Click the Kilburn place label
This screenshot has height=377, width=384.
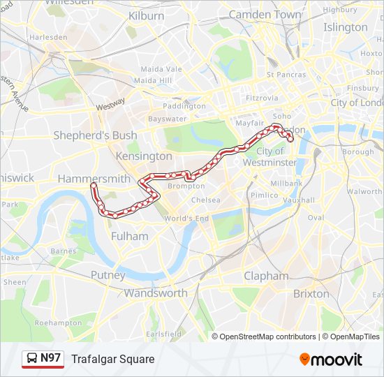point(147,15)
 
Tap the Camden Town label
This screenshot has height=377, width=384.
point(265,14)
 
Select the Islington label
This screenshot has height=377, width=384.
point(345,27)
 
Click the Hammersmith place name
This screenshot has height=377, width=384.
point(94,179)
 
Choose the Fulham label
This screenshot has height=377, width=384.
point(129,236)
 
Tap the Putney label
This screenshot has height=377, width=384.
point(108,275)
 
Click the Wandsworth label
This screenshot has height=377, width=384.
point(156,293)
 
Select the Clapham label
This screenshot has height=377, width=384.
point(266,276)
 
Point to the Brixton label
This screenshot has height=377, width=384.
point(311,293)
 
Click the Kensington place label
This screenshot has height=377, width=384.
point(144,156)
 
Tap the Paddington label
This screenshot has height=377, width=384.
point(184,106)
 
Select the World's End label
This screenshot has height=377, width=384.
point(186,219)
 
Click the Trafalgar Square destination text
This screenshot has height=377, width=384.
point(112,359)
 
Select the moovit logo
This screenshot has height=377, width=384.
point(331,360)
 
